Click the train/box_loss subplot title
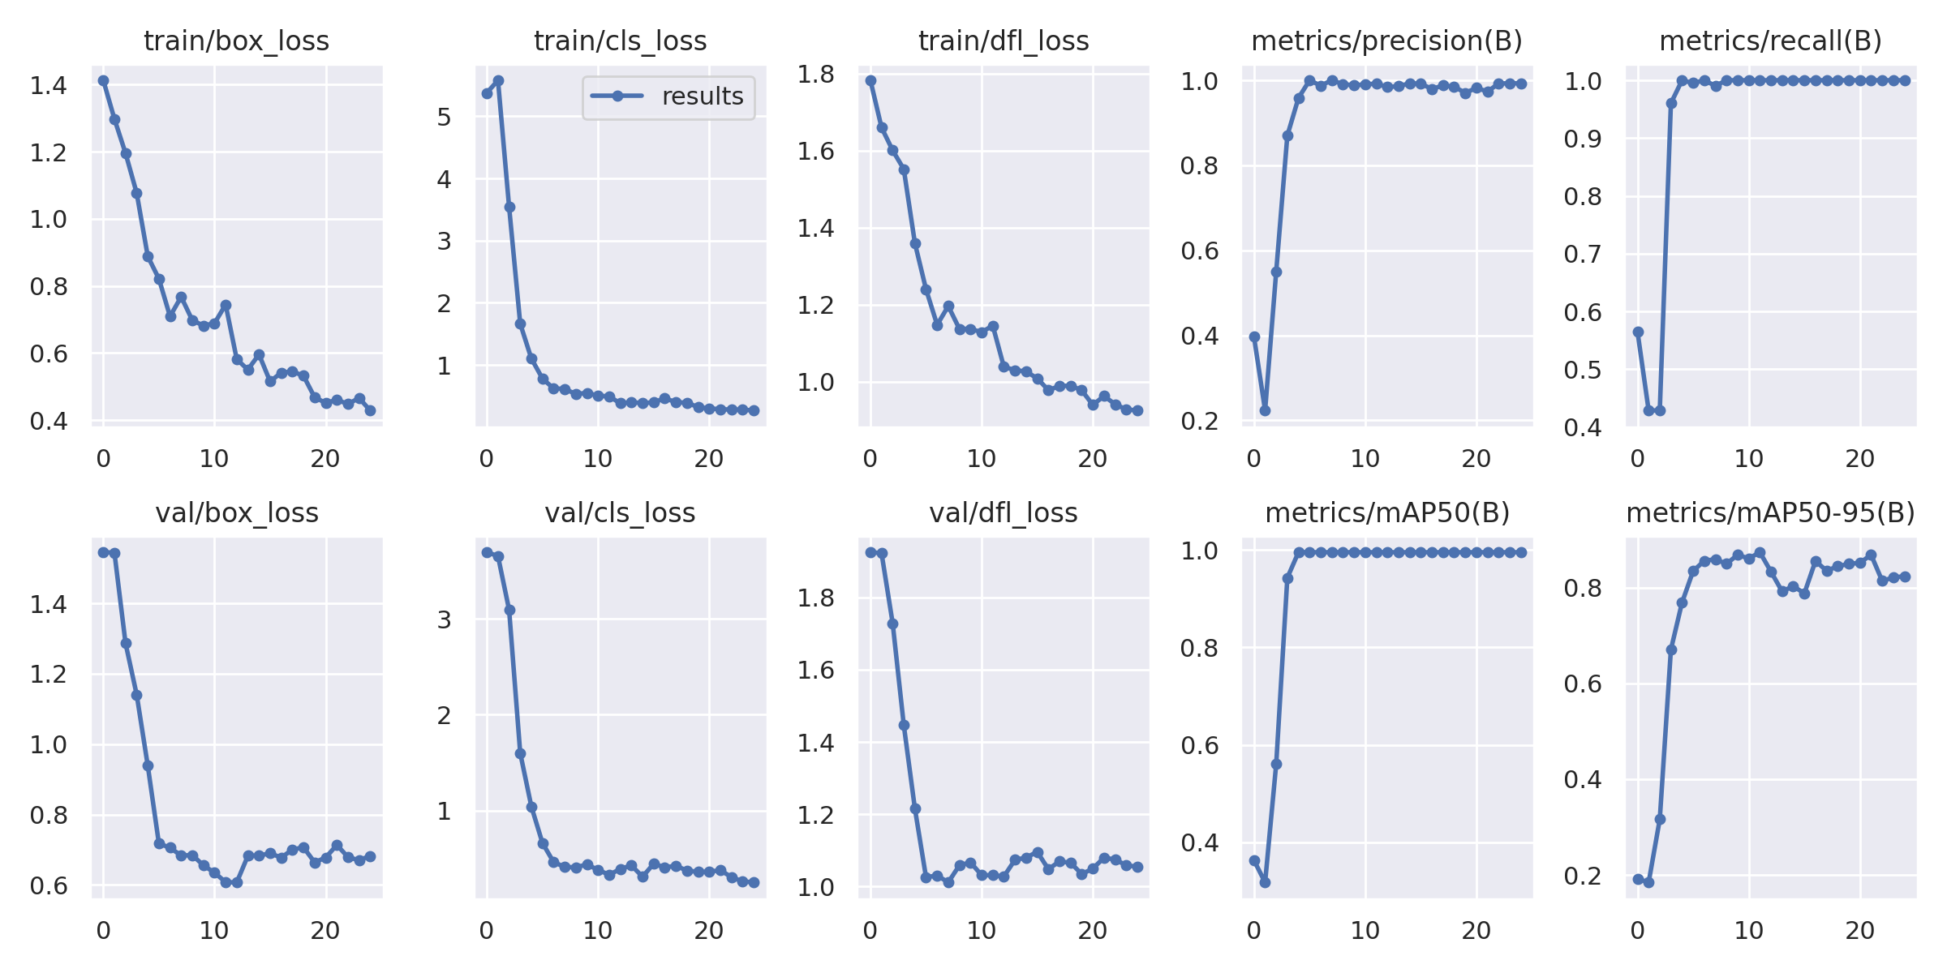pyautogui.click(x=236, y=41)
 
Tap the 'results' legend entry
pyautogui.click(x=702, y=96)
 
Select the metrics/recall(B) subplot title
pyautogui.click(x=1770, y=41)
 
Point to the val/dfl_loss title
pyautogui.click(x=1004, y=512)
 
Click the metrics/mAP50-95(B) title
pyautogui.click(x=1770, y=512)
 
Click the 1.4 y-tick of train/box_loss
pyautogui.click(x=49, y=85)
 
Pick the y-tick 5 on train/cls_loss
pyautogui.click(x=444, y=117)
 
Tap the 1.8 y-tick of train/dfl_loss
pyautogui.click(x=815, y=75)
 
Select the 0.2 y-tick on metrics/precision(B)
pyautogui.click(x=1199, y=421)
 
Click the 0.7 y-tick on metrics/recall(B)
pyautogui.click(x=1583, y=255)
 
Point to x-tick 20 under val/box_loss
pyautogui.click(x=325, y=931)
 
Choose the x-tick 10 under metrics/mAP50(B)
pyautogui.click(x=1365, y=931)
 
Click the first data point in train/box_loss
pyautogui.click(x=103, y=80)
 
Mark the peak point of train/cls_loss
pyautogui.click(x=498, y=80)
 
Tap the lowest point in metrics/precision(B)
pyautogui.click(x=1265, y=410)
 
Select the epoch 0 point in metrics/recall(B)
pyautogui.click(x=1638, y=332)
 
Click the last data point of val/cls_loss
pyautogui.click(x=754, y=882)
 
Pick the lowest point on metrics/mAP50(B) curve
pyautogui.click(x=1265, y=882)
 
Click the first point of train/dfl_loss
pyautogui.click(x=870, y=80)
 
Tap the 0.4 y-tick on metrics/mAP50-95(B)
pyautogui.click(x=1583, y=780)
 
